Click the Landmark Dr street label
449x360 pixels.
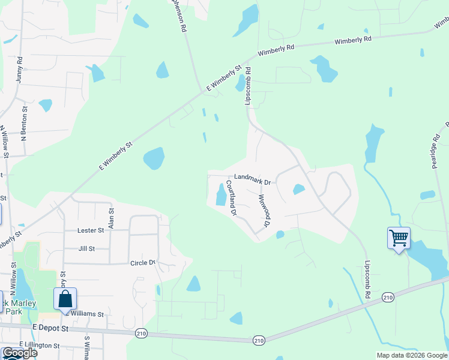pyautogui.click(x=253, y=178)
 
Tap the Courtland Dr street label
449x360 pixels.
pyautogui.click(x=232, y=199)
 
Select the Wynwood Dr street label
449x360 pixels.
pyautogui.click(x=262, y=211)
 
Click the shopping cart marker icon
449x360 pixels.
pyautogui.click(x=399, y=238)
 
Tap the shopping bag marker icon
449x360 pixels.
pyautogui.click(x=65, y=299)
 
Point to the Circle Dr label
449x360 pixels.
pyautogui.click(x=143, y=263)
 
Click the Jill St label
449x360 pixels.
pyautogui.click(x=86, y=248)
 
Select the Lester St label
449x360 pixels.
pyautogui.click(x=91, y=230)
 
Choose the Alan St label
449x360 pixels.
pyautogui.click(x=111, y=218)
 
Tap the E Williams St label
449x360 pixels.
pyautogui.click(x=88, y=314)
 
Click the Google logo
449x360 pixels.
pyautogui.click(x=20, y=353)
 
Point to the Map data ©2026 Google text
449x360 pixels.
pyautogui.click(x=411, y=355)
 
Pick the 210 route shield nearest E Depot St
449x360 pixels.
pyautogui.click(x=142, y=333)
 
